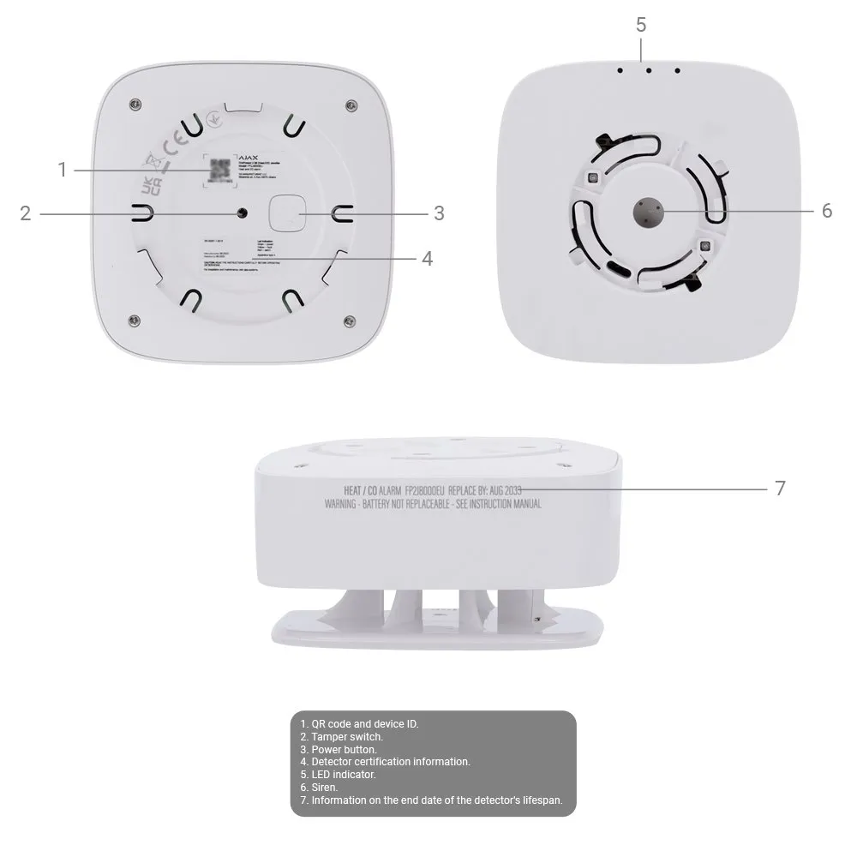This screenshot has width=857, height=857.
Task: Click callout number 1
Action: pyautogui.click(x=62, y=170)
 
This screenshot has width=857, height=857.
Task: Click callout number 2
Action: pyautogui.click(x=26, y=213)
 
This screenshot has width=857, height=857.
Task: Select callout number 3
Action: pyautogui.click(x=439, y=213)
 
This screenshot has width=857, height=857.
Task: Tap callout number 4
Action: pyautogui.click(x=427, y=258)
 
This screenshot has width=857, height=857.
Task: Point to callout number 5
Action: pyautogui.click(x=641, y=24)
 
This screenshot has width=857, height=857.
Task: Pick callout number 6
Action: pyautogui.click(x=826, y=210)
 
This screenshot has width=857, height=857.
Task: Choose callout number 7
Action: pyautogui.click(x=780, y=488)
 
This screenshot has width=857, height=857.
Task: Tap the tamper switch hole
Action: pyautogui.click(x=243, y=213)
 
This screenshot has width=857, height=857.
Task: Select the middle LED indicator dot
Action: pyautogui.click(x=649, y=71)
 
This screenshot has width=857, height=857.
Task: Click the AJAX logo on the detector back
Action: pyautogui.click(x=248, y=157)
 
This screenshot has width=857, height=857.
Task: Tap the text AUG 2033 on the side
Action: pyautogui.click(x=505, y=489)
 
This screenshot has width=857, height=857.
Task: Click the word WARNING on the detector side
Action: pyautogui.click(x=343, y=505)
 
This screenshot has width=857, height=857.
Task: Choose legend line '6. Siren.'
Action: pyautogui.click(x=319, y=787)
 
